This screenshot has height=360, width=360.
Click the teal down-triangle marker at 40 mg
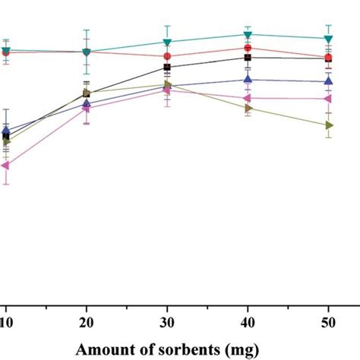coord(248,34)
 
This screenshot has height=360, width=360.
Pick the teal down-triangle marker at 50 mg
coord(328,39)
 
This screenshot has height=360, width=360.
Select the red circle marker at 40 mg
coord(248,48)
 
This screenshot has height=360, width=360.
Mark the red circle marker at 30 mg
coord(167,55)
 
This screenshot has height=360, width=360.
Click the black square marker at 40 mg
coord(248,58)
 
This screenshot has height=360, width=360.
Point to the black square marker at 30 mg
coord(167,68)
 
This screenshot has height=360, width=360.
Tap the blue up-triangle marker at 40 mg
coord(248,79)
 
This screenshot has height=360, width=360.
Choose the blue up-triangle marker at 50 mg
coord(328,81)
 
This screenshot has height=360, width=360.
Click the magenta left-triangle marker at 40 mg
coord(248,99)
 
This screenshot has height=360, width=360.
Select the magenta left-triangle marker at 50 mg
coord(328,99)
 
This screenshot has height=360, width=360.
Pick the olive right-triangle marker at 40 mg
coord(248,109)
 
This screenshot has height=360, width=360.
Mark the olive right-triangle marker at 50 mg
coord(328,125)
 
